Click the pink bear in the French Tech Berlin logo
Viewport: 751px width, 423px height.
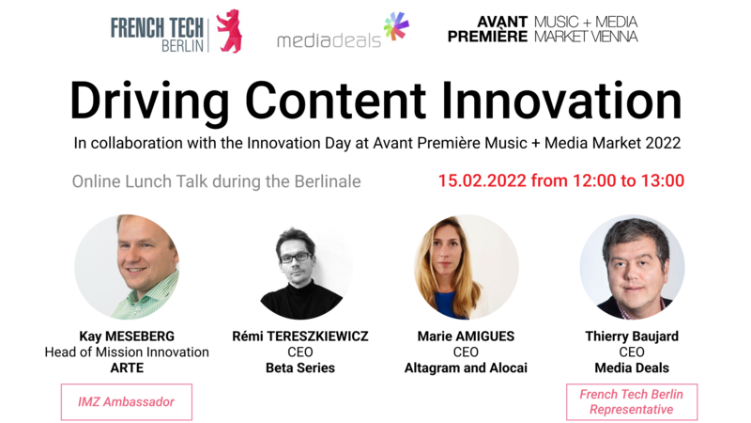[229, 31]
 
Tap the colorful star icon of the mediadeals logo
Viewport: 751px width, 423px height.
[396, 26]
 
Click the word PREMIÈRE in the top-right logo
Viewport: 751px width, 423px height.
[487, 37]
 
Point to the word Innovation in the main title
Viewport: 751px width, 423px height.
[561, 101]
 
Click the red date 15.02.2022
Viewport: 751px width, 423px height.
[483, 180]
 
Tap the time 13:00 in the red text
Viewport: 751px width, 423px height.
[663, 180]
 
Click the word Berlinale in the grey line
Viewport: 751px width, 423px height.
[328, 181]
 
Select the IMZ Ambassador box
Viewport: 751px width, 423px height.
[127, 402]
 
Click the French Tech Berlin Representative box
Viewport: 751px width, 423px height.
[632, 402]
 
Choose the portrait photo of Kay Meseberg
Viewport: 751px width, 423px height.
[127, 267]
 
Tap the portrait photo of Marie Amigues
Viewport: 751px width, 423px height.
[466, 267]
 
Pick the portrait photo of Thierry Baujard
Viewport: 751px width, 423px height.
[632, 267]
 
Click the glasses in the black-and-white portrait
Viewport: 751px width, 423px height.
[296, 258]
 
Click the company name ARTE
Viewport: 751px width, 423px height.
[127, 368]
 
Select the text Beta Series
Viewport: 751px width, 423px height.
[300, 368]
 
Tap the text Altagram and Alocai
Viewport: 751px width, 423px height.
[466, 368]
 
